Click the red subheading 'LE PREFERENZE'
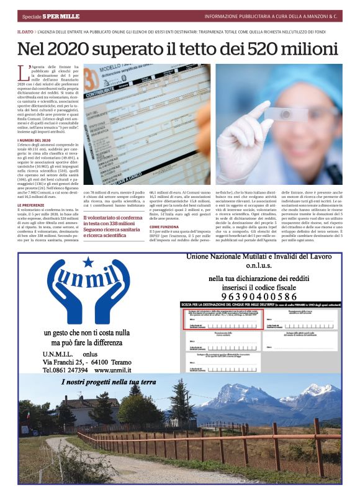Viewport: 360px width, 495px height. tap(31, 205)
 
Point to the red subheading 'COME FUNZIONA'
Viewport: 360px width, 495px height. tap(165, 228)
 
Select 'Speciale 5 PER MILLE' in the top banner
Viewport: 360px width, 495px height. tap(50, 16)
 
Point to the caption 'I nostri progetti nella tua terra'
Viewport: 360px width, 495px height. tap(109, 383)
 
